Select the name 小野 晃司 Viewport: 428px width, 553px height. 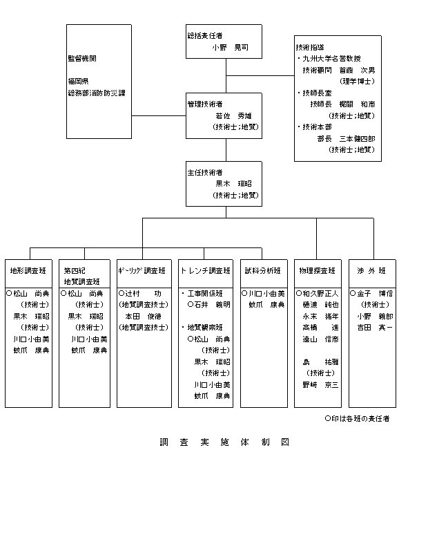[x=230, y=48]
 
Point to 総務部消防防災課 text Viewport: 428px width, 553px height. [x=97, y=92]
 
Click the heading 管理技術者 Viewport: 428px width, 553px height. [x=204, y=104]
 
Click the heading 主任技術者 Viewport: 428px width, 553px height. [x=204, y=172]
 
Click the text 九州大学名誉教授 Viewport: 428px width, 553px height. [x=331, y=59]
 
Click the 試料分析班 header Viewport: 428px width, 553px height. [x=264, y=270]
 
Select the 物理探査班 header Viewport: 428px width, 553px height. [x=318, y=270]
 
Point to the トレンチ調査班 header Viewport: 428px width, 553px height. [x=205, y=270]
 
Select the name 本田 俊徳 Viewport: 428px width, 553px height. [x=143, y=316]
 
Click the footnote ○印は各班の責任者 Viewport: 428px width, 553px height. [x=357, y=418]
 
